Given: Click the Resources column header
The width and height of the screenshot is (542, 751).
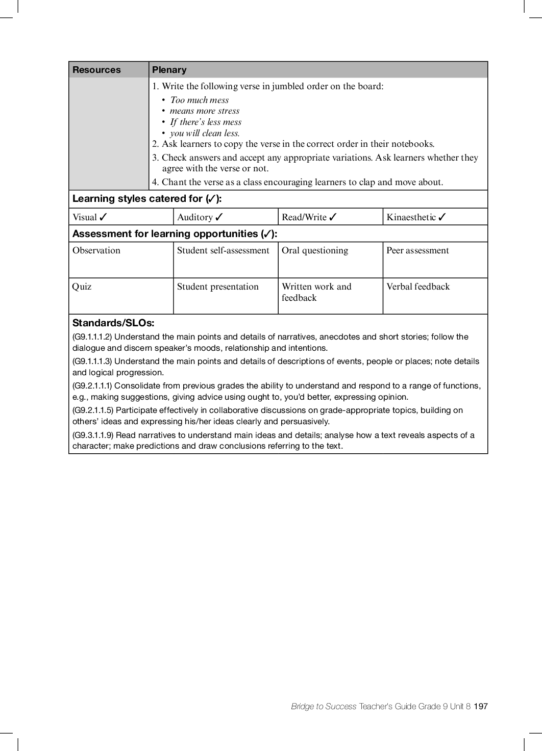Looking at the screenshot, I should pos(96,70).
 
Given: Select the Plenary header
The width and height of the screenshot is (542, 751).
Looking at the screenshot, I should pos(169,70).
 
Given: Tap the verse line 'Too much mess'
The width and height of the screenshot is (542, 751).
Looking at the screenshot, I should pos(200,100).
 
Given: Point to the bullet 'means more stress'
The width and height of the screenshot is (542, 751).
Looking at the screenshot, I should pos(204,111).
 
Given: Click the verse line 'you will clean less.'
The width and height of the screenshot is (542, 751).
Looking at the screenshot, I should pos(205,133).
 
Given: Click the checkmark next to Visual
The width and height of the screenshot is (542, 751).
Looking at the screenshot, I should pos(104,217).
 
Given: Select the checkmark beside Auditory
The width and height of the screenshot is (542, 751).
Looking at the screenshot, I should pos(219,217).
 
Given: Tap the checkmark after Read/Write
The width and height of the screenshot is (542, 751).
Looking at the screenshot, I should pos(333,217).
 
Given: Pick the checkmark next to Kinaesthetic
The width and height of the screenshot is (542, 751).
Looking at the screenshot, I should pos(442,217).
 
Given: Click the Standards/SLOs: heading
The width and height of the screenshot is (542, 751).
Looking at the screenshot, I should pos(113,323).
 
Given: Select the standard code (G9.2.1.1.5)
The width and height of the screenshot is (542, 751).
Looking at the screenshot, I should pos(93,410).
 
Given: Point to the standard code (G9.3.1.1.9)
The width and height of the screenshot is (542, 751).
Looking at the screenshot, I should pos(93,435).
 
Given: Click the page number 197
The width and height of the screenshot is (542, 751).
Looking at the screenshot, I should pos(481,706).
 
